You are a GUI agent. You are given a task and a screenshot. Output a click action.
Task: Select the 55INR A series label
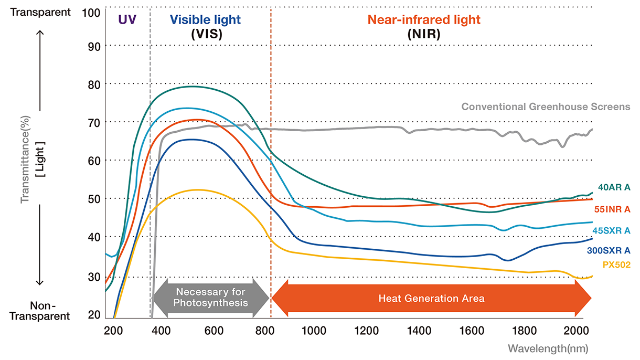pos(612,209)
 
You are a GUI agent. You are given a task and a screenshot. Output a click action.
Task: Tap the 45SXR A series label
pos(611,230)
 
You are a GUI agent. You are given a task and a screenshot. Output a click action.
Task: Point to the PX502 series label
pos(616,265)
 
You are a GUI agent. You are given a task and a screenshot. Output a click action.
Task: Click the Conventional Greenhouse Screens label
pos(546,107)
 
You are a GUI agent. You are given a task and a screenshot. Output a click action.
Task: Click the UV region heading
pos(127,20)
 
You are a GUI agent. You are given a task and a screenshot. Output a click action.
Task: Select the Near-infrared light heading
pos(424,20)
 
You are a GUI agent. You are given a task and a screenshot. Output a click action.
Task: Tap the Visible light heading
pos(206,20)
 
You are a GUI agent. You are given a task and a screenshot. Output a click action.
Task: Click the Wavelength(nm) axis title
pos(548,348)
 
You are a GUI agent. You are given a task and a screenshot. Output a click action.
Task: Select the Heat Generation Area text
pos(431,299)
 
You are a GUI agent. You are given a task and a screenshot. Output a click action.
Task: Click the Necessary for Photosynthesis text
pos(211,298)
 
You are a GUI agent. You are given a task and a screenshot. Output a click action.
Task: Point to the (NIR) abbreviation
pos(424,35)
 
